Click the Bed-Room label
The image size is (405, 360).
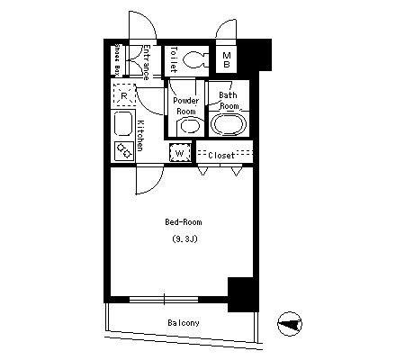184,222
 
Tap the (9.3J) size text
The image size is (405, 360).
184,239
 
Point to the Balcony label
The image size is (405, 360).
184,323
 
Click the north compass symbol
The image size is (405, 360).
290,324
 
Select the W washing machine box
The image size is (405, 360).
180,153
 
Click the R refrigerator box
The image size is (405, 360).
124,95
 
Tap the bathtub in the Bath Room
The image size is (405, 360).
229,124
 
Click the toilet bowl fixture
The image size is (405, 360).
194,59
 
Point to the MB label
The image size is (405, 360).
227,59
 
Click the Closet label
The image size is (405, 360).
221,156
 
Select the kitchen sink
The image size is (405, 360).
123,124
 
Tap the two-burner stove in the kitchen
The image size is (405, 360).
124,150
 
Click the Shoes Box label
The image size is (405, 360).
117,59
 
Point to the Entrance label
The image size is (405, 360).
146,62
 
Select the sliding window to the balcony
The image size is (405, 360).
164,299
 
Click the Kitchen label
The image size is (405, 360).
140,136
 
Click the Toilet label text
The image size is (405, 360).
174,59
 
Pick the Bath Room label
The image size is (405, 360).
229,101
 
